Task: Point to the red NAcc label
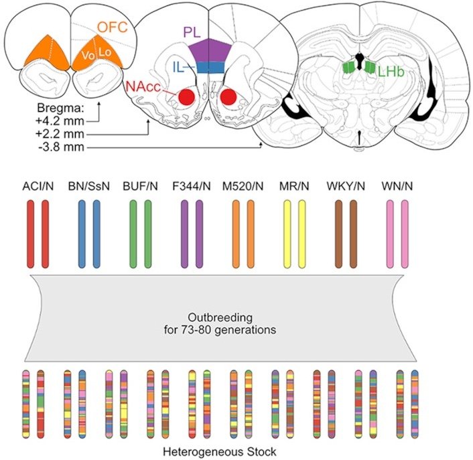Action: click(143, 86)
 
